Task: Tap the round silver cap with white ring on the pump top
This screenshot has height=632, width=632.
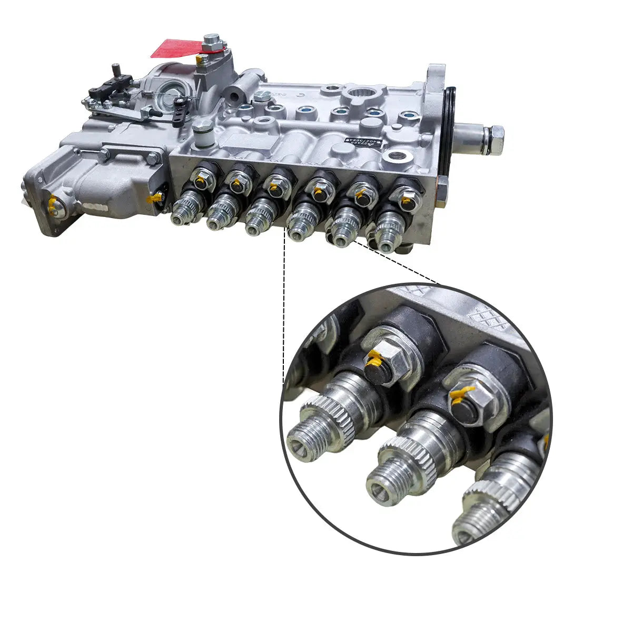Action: click(x=202, y=132)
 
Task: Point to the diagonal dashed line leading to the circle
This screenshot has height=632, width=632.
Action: click(x=400, y=263)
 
